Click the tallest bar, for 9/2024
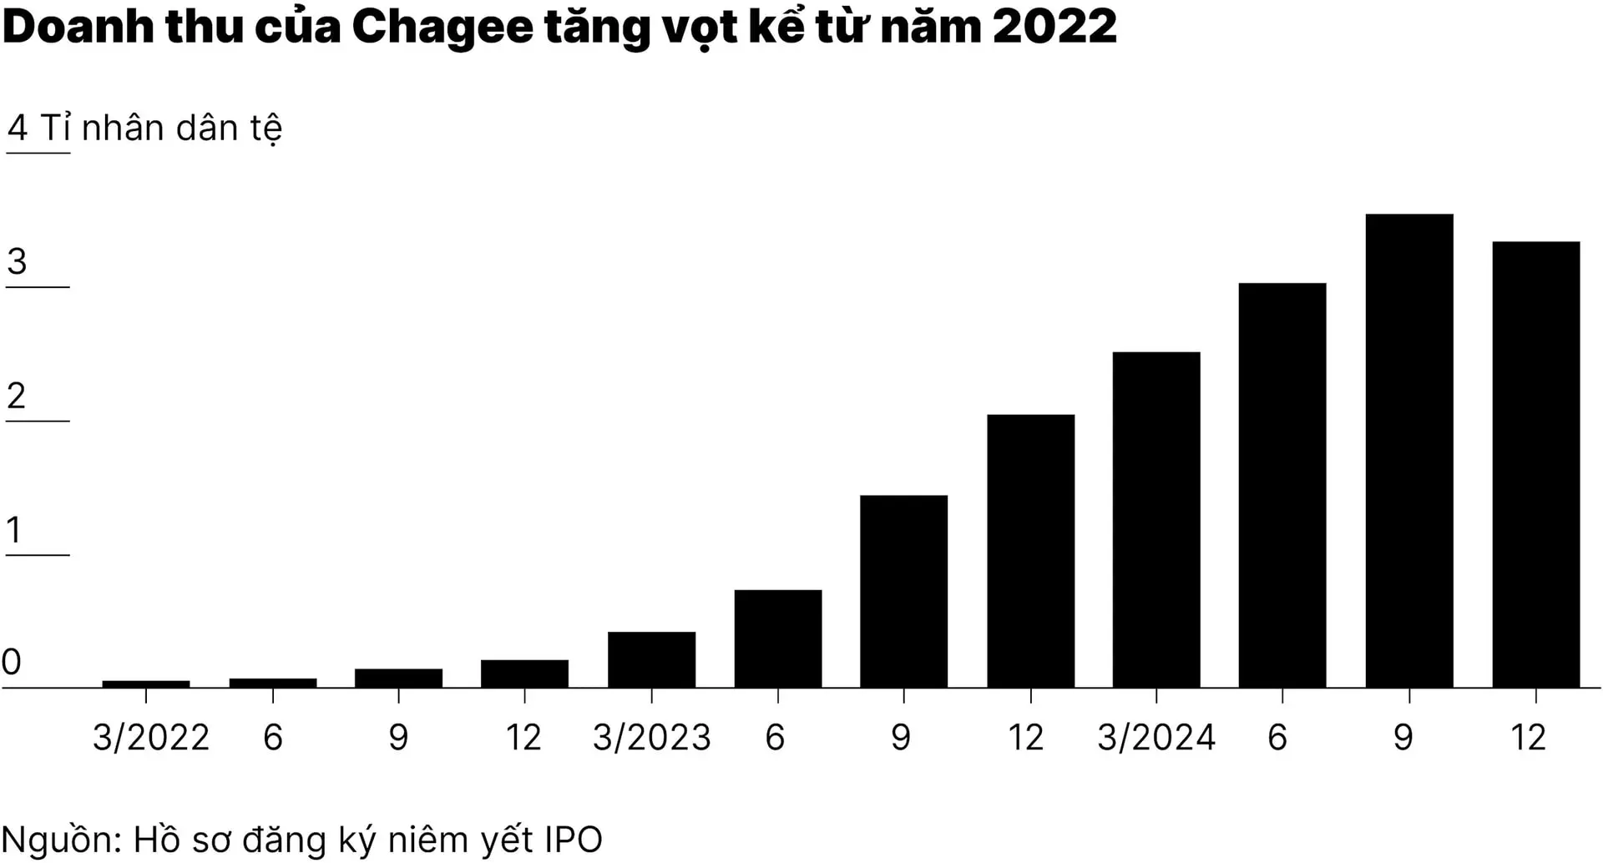point(1408,451)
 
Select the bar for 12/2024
point(1535,464)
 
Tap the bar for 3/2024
point(1156,519)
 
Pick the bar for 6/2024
point(1282,485)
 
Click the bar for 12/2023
point(1030,551)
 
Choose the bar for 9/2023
point(903,591)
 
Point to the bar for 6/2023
point(778,638)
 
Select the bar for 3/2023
point(651,659)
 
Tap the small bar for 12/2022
point(524,674)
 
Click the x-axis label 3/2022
point(151,738)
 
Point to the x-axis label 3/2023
point(652,738)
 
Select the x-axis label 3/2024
point(1156,738)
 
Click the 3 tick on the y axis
point(17,262)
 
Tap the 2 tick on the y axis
point(17,396)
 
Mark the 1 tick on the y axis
point(13,530)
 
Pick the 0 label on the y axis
point(12,662)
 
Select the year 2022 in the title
point(1055,27)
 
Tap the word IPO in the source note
point(573,840)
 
